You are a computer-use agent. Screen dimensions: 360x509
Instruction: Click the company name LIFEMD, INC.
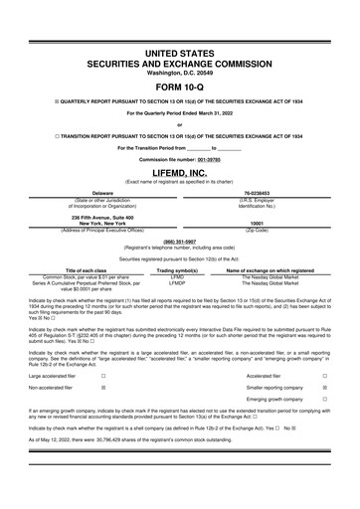coord(179,172)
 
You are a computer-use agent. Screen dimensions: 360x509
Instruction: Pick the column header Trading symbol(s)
coord(178,269)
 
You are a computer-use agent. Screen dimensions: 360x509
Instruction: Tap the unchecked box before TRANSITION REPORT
coord(32,132)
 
